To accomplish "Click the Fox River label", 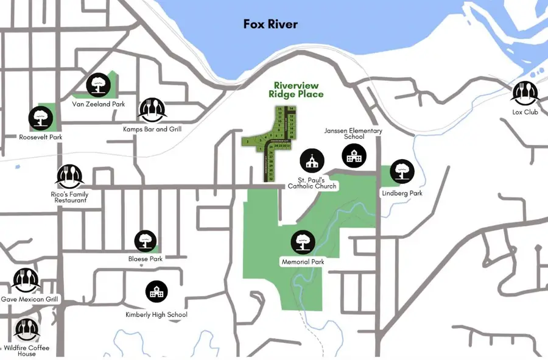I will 270,24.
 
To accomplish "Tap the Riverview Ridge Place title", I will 296,90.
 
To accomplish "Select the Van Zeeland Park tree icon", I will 97,86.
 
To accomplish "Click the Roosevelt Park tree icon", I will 41,118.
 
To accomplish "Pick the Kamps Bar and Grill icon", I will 151,110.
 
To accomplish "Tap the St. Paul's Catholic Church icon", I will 312,161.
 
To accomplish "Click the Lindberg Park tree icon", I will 402,172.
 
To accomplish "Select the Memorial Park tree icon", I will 303,242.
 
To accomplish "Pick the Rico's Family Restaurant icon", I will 69,177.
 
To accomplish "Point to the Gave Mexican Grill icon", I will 26,280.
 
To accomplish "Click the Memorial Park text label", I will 303,262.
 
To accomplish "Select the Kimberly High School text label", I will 156,314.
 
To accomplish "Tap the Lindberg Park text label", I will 402,193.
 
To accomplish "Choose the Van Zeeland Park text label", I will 98,104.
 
